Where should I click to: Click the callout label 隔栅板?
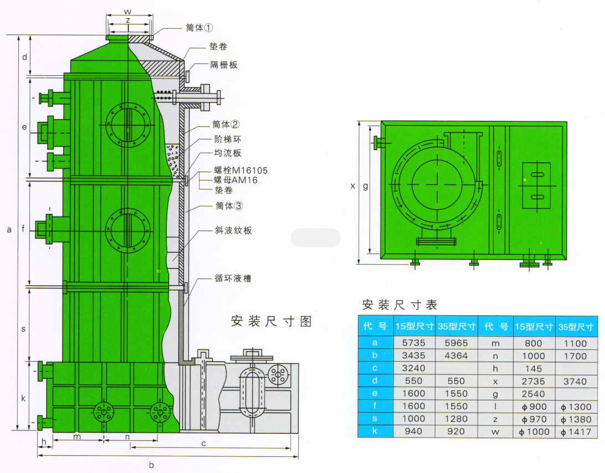point(224,65)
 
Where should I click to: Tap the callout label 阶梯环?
point(228,140)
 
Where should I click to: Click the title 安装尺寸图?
point(271,321)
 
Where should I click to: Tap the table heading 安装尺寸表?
point(399,305)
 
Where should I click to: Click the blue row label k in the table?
point(375,431)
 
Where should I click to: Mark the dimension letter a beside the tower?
point(9,229)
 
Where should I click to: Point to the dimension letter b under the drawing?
point(151,465)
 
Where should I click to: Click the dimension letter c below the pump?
point(204,443)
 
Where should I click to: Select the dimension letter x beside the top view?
point(352,186)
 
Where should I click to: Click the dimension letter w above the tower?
point(127,11)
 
